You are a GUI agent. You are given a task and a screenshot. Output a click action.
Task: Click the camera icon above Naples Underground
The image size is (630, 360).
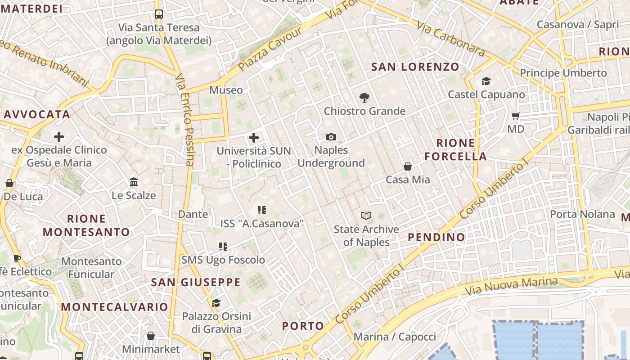coord(331,137)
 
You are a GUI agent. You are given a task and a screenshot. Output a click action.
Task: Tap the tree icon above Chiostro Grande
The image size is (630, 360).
coord(364,97)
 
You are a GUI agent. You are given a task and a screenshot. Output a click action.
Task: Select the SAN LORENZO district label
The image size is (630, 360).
coord(415,67)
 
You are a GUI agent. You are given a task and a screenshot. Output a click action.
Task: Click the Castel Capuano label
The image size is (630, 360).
coord(486,94)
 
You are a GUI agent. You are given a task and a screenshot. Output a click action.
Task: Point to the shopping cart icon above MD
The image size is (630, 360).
coord(516,116)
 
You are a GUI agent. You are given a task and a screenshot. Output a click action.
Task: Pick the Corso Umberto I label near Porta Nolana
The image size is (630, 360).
coord(494,190)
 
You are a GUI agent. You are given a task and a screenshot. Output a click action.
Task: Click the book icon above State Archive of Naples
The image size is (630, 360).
coord(367,216)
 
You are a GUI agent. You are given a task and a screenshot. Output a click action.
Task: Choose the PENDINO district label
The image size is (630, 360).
coord(436,237)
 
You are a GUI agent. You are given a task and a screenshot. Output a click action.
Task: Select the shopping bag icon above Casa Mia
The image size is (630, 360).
coord(408,166)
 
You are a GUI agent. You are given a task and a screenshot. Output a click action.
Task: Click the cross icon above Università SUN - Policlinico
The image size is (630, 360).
coord(254,137)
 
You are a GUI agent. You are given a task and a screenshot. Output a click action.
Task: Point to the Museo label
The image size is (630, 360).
coord(226,90)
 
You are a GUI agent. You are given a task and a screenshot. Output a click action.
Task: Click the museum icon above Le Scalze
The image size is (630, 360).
coord(134,182)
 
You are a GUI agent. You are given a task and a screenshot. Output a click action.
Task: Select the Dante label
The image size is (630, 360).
coord(193,214)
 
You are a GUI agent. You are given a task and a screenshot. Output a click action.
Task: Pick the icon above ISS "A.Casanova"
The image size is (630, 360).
coord(262,210)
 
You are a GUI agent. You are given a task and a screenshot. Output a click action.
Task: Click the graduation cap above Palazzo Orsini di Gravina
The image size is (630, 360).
coord(216,302)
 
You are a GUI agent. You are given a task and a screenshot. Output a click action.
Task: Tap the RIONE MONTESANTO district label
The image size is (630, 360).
coord(86,225)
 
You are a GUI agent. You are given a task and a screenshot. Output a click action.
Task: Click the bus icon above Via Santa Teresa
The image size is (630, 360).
coord(159,14)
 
